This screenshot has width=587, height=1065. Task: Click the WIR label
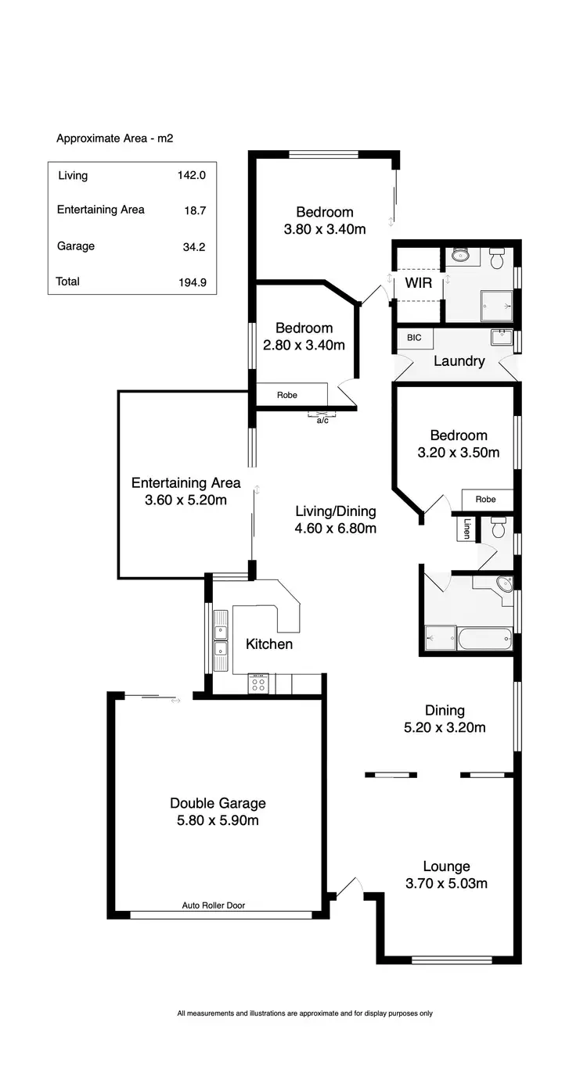(x=418, y=283)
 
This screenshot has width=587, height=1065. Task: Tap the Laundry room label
(x=459, y=361)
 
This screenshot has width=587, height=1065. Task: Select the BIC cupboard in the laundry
(x=414, y=338)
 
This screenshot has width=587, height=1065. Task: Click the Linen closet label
(x=467, y=529)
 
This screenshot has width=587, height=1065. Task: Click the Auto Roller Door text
(x=214, y=905)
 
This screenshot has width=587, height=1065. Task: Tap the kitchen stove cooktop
(x=258, y=684)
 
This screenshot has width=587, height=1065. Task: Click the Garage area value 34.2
(x=192, y=247)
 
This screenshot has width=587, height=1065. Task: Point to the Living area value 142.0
(x=192, y=176)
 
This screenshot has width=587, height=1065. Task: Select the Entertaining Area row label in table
(x=100, y=210)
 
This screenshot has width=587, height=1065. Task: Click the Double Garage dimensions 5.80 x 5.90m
(x=218, y=820)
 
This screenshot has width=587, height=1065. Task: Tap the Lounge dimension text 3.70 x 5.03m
(x=446, y=884)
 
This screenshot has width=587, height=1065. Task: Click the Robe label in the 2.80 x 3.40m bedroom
(x=287, y=395)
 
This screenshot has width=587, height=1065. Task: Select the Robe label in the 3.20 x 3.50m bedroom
(x=485, y=499)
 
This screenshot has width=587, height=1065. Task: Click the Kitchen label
(x=269, y=644)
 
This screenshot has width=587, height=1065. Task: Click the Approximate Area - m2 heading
(x=114, y=138)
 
